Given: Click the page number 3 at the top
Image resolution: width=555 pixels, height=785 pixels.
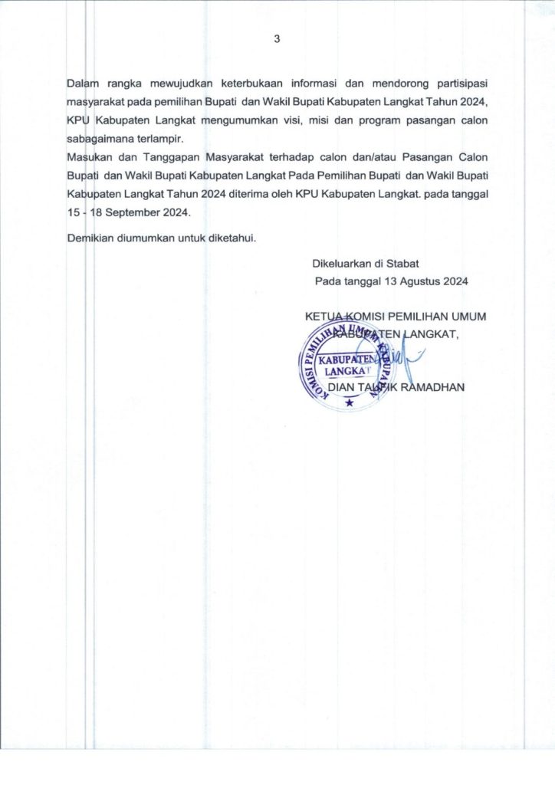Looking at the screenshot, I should pyautogui.click(x=277, y=40).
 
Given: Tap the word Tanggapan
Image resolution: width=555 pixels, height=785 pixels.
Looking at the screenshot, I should pyautogui.click(x=168, y=158).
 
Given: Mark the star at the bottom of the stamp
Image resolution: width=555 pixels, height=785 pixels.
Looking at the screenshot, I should pyautogui.click(x=350, y=404).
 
